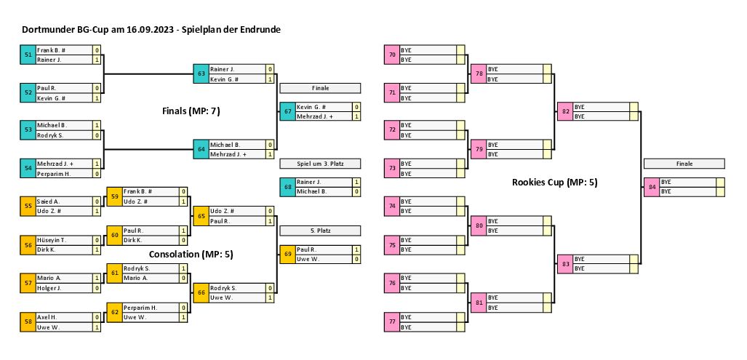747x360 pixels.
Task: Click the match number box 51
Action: (28, 55)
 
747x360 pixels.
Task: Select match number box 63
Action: (201, 73)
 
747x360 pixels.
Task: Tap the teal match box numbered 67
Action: (287, 111)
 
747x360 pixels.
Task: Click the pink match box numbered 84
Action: (651, 186)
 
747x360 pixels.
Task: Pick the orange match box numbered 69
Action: (287, 254)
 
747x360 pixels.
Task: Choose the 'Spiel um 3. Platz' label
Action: (320, 163)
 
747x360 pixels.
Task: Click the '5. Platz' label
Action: (320, 231)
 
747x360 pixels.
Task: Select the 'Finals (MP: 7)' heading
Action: (191, 111)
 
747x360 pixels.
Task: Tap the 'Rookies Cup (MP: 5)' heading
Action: (554, 183)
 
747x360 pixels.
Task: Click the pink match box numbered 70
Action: (392, 55)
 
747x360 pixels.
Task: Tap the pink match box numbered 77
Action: (392, 321)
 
